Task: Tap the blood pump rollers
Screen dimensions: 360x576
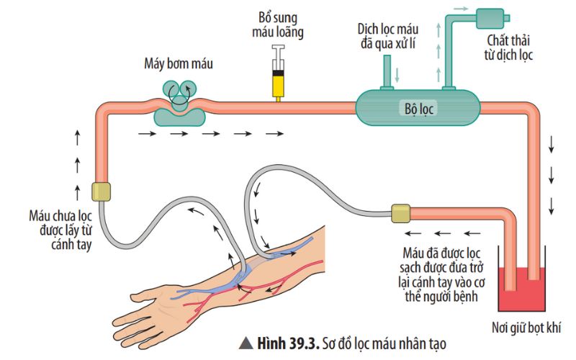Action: coord(179,90)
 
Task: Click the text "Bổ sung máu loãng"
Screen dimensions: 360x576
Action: coord(277,24)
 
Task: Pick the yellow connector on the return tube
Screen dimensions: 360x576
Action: coord(400,213)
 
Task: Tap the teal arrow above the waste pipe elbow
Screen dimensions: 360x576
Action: coord(462,7)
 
